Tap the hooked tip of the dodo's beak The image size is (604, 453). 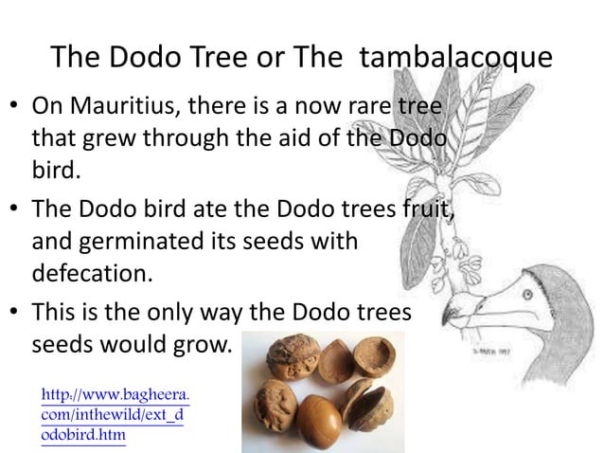pyautogui.click(x=445, y=319)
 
